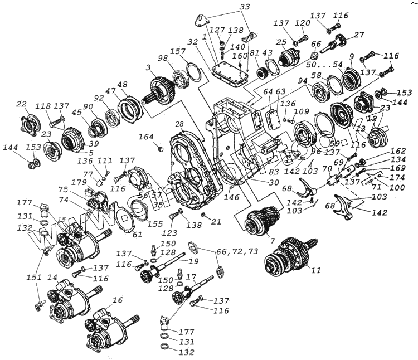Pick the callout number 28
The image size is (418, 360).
(x=179, y=124)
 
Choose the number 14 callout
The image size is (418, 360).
(x=52, y=276)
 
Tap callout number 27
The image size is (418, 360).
(x=359, y=34)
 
